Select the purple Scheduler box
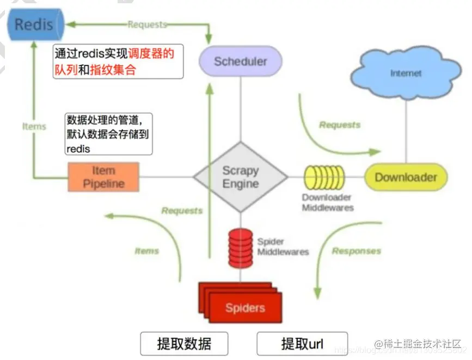click(x=240, y=61)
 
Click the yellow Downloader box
click(x=406, y=178)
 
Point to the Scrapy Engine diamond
click(x=241, y=177)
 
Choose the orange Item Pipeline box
click(x=103, y=177)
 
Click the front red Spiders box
click(x=245, y=308)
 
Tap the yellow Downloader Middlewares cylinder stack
click(x=324, y=178)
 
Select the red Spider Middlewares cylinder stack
click(x=240, y=248)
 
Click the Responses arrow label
click(x=356, y=251)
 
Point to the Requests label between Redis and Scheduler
click(x=147, y=25)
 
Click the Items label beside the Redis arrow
click(x=34, y=126)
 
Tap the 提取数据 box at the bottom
click(x=184, y=344)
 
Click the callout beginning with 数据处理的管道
click(x=108, y=133)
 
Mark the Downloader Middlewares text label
click(x=327, y=202)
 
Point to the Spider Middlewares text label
click(x=283, y=247)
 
